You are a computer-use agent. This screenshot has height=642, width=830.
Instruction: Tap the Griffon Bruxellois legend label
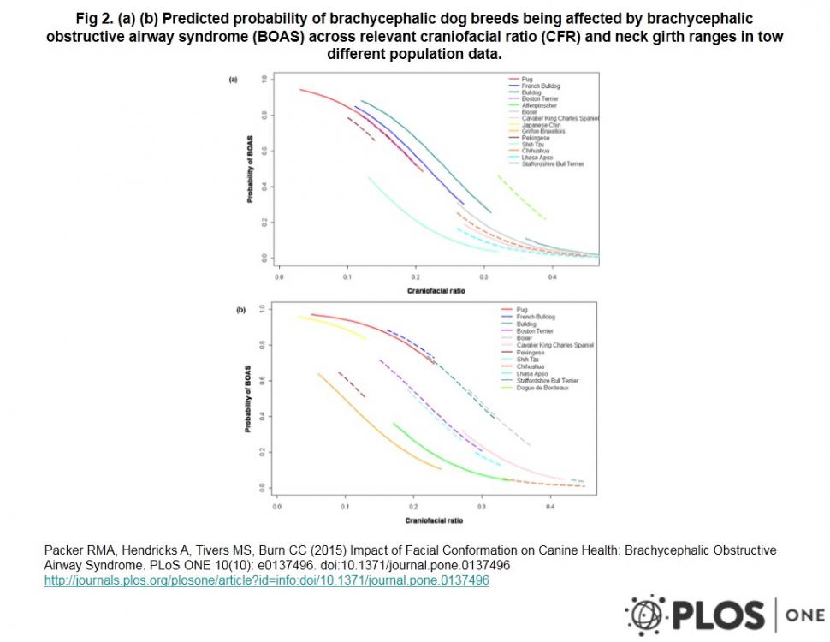point(543,131)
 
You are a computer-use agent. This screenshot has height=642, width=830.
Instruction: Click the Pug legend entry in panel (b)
point(523,309)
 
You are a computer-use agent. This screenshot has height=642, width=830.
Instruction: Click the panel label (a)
point(232,80)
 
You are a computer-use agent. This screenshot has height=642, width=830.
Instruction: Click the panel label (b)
point(240,310)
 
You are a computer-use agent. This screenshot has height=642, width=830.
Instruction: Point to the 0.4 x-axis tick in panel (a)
point(552,277)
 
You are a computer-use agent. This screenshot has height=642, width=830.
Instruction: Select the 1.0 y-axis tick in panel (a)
point(264,79)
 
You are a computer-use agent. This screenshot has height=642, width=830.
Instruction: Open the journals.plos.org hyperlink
point(266,580)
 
